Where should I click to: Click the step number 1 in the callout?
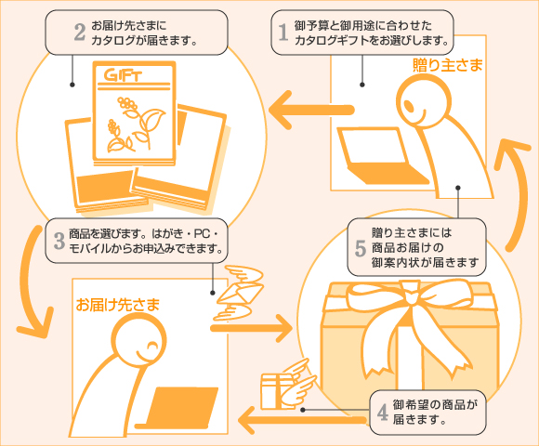pyautogui.click(x=283, y=33)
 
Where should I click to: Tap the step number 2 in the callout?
pyautogui.click(x=79, y=33)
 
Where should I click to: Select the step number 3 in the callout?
pyautogui.click(x=59, y=242)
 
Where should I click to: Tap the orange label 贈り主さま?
pyautogui.click(x=449, y=66)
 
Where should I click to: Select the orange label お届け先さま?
pyautogui.click(x=118, y=304)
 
